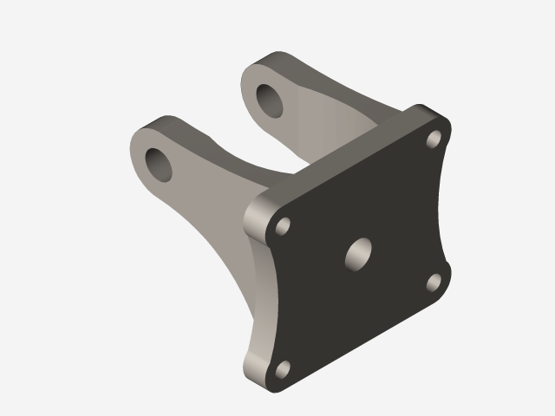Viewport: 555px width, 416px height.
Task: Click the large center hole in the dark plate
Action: [358, 253]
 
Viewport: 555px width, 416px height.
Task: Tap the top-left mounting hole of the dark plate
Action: [283, 226]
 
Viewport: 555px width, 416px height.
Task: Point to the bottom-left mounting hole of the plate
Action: [283, 370]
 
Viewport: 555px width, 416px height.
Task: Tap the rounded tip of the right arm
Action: [260, 65]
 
